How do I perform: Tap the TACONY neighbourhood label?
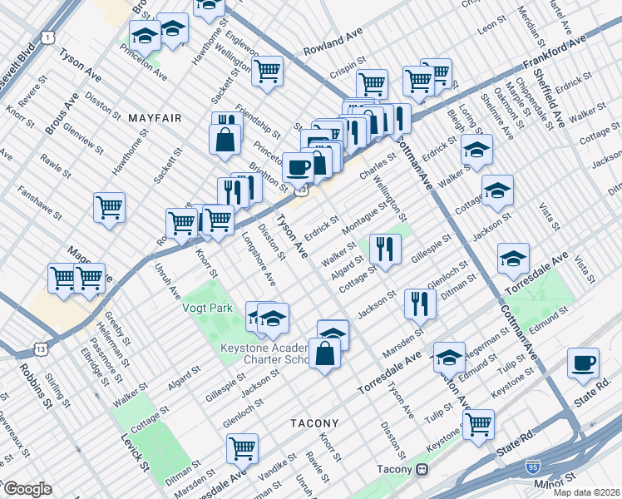coord(314,423)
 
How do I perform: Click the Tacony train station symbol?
coord(422,469)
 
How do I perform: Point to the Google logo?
coord(27,489)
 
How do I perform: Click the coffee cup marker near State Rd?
coord(584,363)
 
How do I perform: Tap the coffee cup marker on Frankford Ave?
coord(298,167)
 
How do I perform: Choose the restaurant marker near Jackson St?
coord(419,303)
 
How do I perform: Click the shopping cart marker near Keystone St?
coord(478,424)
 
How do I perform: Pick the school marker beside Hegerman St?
coord(449,357)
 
